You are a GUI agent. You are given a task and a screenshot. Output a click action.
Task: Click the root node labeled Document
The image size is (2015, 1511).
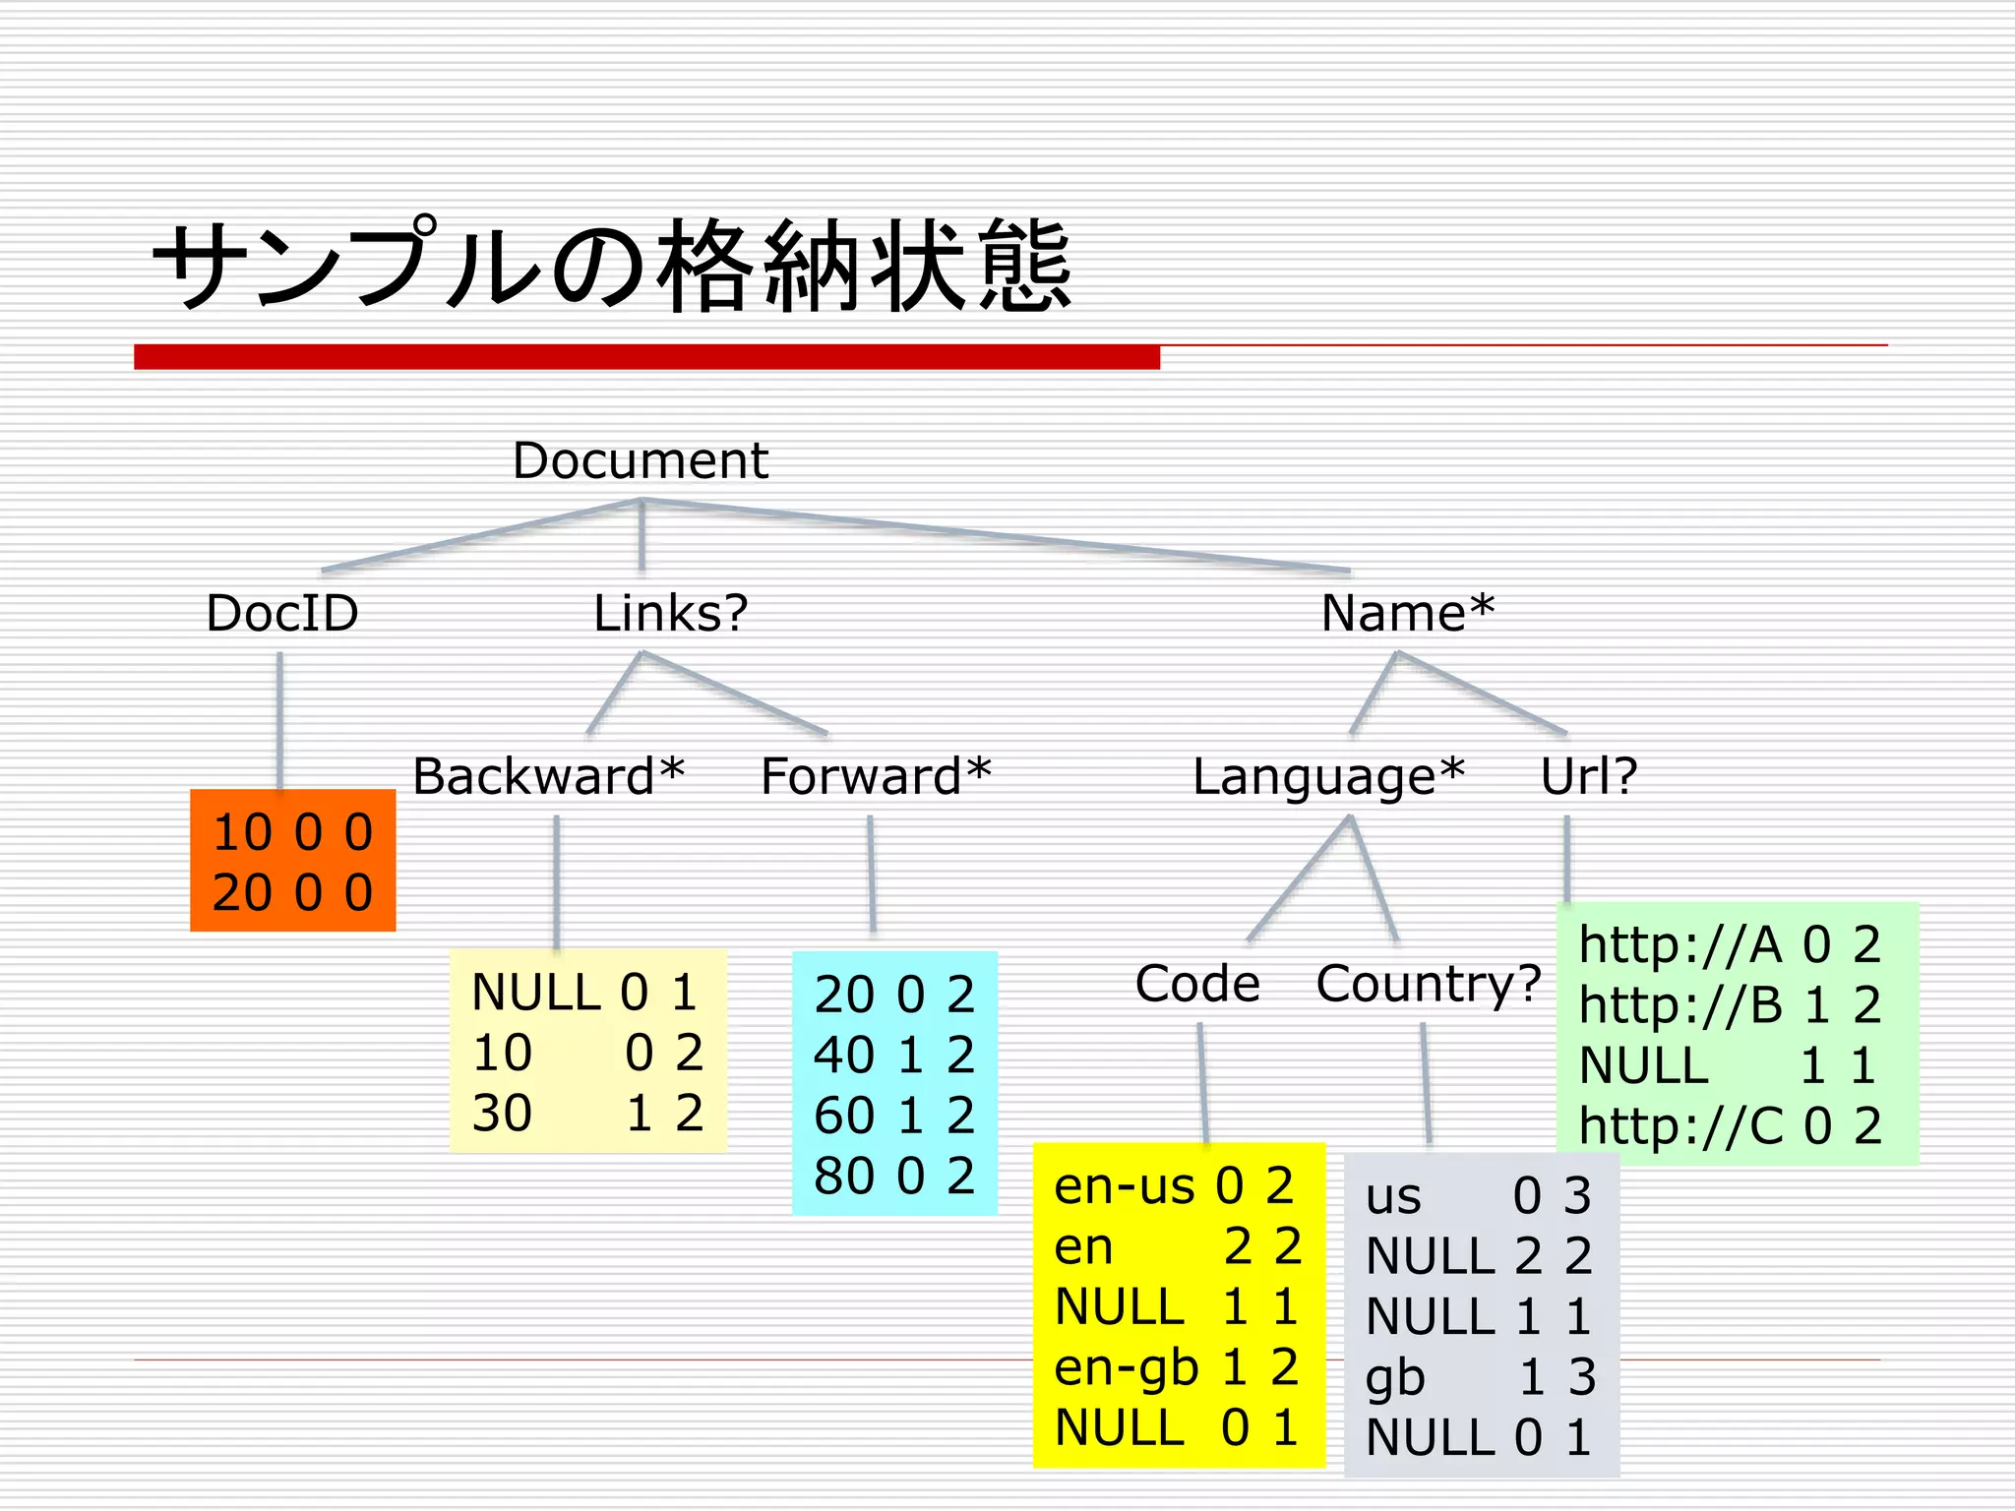pyautogui.click(x=640, y=460)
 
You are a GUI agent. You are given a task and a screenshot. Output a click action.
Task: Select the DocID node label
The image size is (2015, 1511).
pyautogui.click(x=282, y=613)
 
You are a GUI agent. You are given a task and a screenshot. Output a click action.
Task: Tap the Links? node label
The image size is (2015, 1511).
pyautogui.click(x=670, y=613)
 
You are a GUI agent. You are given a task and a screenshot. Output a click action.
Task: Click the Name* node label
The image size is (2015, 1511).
pyautogui.click(x=1407, y=613)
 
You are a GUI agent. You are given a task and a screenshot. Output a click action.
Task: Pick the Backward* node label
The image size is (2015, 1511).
pyautogui.click(x=548, y=776)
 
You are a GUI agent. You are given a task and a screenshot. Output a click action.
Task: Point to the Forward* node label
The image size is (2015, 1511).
pyautogui.click(x=876, y=776)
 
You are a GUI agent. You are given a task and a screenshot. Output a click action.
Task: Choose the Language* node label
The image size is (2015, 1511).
pyautogui.click(x=1328, y=776)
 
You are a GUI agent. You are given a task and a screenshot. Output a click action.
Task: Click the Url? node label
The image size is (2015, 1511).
pyautogui.click(x=1588, y=776)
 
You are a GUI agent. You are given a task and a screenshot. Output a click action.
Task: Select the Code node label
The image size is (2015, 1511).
pyautogui.click(x=1197, y=983)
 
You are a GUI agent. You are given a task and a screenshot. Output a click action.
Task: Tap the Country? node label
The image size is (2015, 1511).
pyautogui.click(x=1428, y=983)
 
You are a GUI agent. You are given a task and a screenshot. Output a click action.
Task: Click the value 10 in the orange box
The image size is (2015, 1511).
pyautogui.click(x=242, y=832)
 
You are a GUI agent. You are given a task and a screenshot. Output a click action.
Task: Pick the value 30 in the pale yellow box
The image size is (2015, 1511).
pyautogui.click(x=502, y=1114)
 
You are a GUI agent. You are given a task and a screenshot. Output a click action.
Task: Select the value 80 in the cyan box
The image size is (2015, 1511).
pyautogui.click(x=843, y=1176)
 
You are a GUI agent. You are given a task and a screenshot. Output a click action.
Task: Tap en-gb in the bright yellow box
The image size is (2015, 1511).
pyautogui.click(x=1126, y=1367)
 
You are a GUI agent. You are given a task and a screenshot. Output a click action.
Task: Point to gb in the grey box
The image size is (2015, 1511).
pyautogui.click(x=1394, y=1377)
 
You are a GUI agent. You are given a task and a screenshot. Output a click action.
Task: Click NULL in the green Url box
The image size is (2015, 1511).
pyautogui.click(x=1643, y=1065)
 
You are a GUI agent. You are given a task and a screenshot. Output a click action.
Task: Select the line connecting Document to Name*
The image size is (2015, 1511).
pyautogui.click(x=994, y=535)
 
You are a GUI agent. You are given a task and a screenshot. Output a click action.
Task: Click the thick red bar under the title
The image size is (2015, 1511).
pyautogui.click(x=646, y=356)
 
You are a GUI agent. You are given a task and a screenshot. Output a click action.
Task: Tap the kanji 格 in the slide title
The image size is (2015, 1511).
pyautogui.click(x=710, y=266)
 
